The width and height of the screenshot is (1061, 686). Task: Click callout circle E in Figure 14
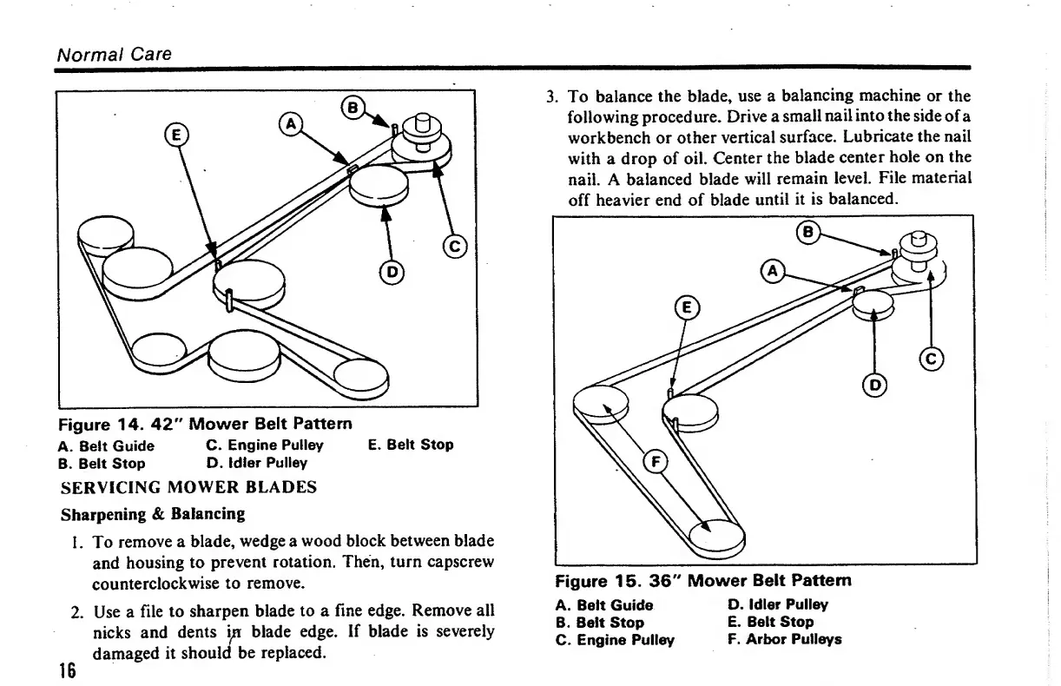pos(175,135)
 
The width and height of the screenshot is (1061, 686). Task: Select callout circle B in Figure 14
pos(353,108)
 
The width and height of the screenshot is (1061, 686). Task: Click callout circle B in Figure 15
pos(808,233)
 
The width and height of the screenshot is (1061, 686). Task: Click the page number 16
pos(67,670)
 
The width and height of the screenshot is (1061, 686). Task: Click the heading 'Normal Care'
pos(114,54)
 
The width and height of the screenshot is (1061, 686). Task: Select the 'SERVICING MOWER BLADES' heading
pos(188,487)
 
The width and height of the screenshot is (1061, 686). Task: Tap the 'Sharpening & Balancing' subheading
pos(153,513)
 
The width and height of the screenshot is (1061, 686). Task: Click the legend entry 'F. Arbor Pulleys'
pos(784,639)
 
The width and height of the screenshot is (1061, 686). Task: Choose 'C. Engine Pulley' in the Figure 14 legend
pos(265,445)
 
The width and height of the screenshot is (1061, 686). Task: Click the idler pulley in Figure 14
pos(379,183)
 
